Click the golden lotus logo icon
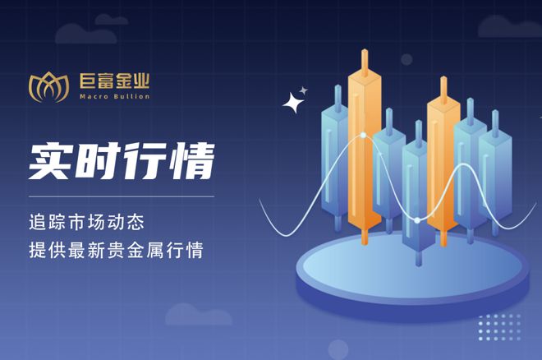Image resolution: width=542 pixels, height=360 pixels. (48, 87)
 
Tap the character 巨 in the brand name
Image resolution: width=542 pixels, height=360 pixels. (88, 81)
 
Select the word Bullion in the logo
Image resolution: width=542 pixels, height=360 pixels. (132, 96)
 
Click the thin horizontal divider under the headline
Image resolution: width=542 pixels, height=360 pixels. (122, 196)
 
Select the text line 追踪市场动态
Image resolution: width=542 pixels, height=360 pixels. (86, 223)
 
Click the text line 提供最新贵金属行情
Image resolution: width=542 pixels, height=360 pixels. (116, 250)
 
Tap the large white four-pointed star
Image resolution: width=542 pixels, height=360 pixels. (293, 103)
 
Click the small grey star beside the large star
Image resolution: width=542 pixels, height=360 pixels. (304, 90)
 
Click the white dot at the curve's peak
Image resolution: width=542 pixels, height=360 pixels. (363, 136)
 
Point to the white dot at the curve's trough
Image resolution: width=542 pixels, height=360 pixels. (417, 220)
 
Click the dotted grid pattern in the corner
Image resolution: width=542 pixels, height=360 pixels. (499, 327)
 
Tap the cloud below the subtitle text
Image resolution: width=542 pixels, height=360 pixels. (199, 315)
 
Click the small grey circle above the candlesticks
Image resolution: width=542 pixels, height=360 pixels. (406, 59)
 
